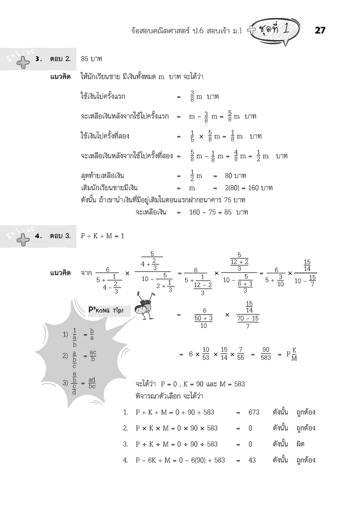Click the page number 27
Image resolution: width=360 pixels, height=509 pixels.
coord(320,30)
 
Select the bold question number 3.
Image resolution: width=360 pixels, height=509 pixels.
coord(38,59)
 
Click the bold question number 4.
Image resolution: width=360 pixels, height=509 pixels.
coord(38,236)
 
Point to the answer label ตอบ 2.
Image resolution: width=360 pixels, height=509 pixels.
coord(60,59)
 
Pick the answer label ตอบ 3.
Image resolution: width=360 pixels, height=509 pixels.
coord(60,236)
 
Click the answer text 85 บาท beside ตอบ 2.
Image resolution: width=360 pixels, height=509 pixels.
coord(91,59)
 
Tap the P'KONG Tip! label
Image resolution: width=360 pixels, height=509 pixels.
coord(106,311)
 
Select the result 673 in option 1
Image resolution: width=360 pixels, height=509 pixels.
coord(254,412)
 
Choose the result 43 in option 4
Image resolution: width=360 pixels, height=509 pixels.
coord(252,460)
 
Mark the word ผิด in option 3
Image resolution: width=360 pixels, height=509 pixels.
coord(300,444)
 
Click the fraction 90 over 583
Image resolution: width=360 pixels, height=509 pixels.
coord(266,354)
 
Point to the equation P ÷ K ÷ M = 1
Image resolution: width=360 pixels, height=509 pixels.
coord(103,236)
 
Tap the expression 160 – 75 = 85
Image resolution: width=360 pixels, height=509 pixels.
coord(210,212)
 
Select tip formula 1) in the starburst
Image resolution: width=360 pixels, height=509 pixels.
coord(78,337)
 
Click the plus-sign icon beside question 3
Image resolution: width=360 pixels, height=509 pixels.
coord(24,62)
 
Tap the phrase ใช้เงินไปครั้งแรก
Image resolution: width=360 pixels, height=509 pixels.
coord(103,97)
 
